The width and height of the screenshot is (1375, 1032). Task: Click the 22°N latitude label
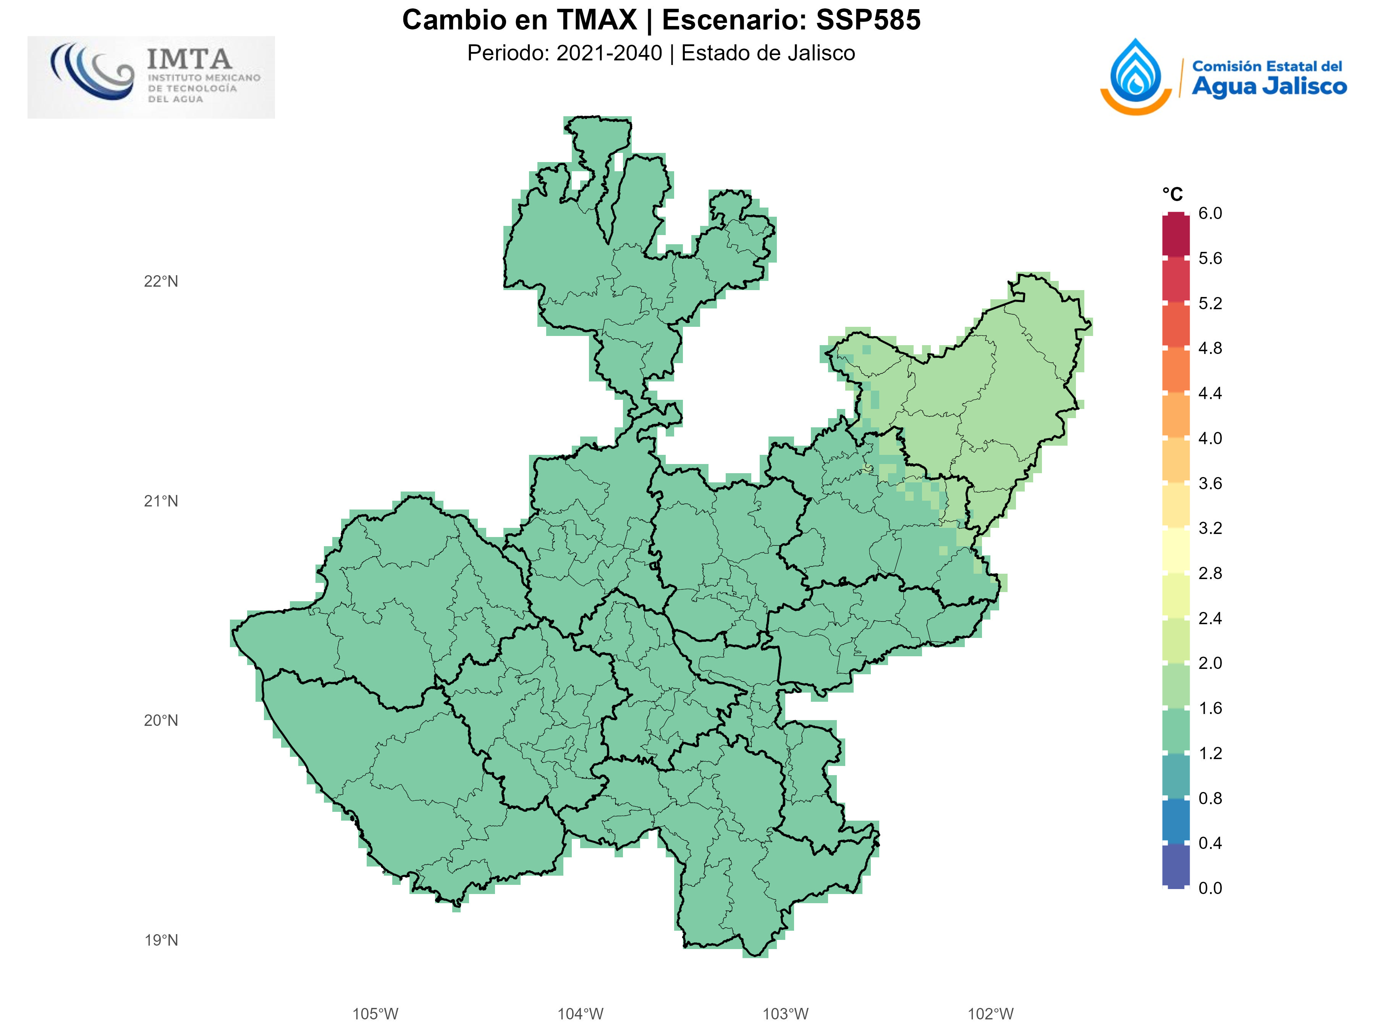click(x=161, y=282)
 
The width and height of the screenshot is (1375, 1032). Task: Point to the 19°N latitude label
click(x=161, y=940)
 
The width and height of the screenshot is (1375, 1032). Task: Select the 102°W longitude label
click(x=990, y=1014)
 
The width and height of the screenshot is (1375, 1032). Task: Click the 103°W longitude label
click(x=785, y=1014)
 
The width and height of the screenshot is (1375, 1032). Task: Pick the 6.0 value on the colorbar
click(x=1210, y=213)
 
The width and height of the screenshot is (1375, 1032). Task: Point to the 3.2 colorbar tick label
click(x=1210, y=528)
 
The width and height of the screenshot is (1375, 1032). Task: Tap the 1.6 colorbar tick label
click(x=1210, y=708)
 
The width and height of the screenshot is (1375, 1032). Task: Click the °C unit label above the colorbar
click(x=1172, y=195)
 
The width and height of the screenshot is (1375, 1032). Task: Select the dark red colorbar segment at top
click(x=1176, y=235)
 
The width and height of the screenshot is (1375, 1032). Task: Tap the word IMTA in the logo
click(x=189, y=60)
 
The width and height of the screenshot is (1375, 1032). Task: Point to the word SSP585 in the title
click(x=868, y=20)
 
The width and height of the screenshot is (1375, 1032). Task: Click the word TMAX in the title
click(x=596, y=20)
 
